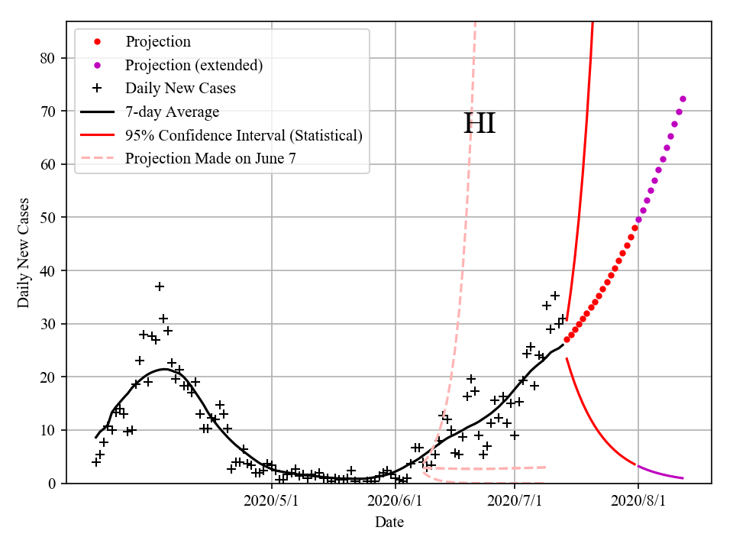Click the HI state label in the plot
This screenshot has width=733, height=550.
[x=480, y=124]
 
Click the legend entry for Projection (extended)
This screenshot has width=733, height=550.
[x=194, y=65]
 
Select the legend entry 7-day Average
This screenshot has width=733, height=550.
[x=172, y=112]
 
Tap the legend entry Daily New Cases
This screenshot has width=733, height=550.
[x=180, y=88]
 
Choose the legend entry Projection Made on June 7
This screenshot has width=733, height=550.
[x=210, y=159]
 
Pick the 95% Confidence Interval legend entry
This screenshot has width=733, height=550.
[x=244, y=135]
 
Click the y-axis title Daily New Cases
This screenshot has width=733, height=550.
[x=24, y=252]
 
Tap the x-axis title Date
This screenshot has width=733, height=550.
[x=389, y=523]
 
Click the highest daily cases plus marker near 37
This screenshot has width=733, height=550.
[x=159, y=286]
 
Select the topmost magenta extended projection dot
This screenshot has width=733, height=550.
[x=683, y=99]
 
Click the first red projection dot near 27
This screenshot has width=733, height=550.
[x=567, y=339]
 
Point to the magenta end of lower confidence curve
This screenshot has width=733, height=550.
[x=682, y=478]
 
